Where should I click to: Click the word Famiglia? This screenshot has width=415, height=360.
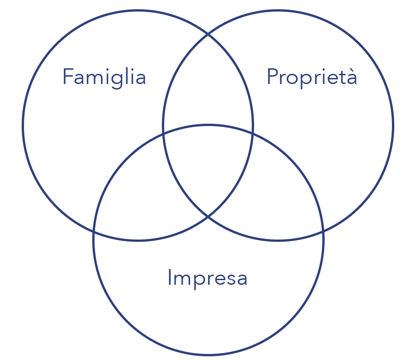pyautogui.click(x=104, y=77)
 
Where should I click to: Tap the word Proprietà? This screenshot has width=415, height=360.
pyautogui.click(x=312, y=77)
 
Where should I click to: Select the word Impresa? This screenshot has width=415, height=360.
pyautogui.click(x=207, y=278)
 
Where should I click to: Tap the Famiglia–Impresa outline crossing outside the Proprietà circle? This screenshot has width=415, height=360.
pyautogui.click(x=94, y=229)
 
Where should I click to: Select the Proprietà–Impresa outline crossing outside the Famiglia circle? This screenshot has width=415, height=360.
pyautogui.click(x=323, y=229)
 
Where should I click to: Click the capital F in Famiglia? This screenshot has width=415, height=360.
pyautogui.click(x=67, y=77)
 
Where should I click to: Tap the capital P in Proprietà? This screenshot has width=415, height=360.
pyautogui.click(x=273, y=77)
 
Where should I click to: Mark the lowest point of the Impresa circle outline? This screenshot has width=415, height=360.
pyautogui.click(x=208, y=355)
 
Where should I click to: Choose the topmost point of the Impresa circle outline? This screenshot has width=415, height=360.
pyautogui.click(x=208, y=125)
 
